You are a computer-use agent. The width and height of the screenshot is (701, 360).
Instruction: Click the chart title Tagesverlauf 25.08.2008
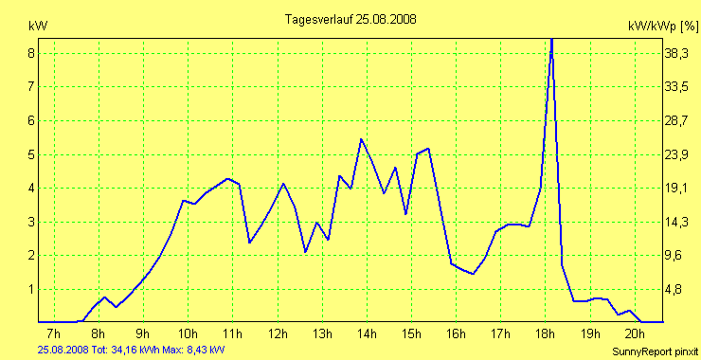click(x=350, y=19)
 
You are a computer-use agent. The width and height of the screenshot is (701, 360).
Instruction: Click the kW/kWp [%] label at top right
click(x=663, y=27)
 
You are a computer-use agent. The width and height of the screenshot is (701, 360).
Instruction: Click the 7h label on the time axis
click(x=53, y=333)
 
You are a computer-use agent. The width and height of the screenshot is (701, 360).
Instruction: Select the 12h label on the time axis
click(x=278, y=333)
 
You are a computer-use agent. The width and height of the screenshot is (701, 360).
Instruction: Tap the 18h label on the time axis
click(x=546, y=333)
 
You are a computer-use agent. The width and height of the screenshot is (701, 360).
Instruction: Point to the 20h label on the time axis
click(x=636, y=333)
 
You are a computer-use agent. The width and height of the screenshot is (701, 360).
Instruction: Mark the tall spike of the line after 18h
click(x=551, y=43)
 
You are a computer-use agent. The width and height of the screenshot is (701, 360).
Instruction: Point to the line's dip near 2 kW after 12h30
click(x=305, y=251)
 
